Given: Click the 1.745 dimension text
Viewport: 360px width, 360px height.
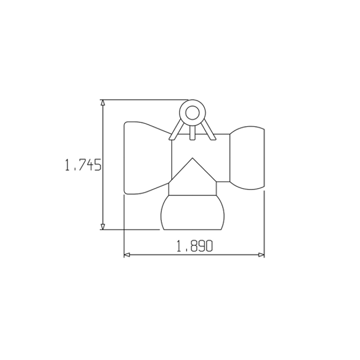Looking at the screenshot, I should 83,165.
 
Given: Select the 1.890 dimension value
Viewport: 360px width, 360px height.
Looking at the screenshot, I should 195,247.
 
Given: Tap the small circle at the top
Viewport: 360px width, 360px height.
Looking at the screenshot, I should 192,113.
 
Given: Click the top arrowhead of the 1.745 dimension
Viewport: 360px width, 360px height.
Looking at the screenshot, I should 102,103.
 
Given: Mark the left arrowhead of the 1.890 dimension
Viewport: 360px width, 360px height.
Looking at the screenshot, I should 127,255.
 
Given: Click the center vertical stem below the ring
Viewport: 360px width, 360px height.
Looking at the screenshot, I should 192,132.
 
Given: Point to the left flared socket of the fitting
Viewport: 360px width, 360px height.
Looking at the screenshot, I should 144,158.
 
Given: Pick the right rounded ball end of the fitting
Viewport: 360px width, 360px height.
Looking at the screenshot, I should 248,158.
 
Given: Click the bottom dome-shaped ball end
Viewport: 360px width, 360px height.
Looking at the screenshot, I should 193,213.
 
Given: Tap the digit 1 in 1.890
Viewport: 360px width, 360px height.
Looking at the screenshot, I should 179,247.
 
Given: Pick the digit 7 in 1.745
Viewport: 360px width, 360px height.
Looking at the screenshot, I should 79,165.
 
